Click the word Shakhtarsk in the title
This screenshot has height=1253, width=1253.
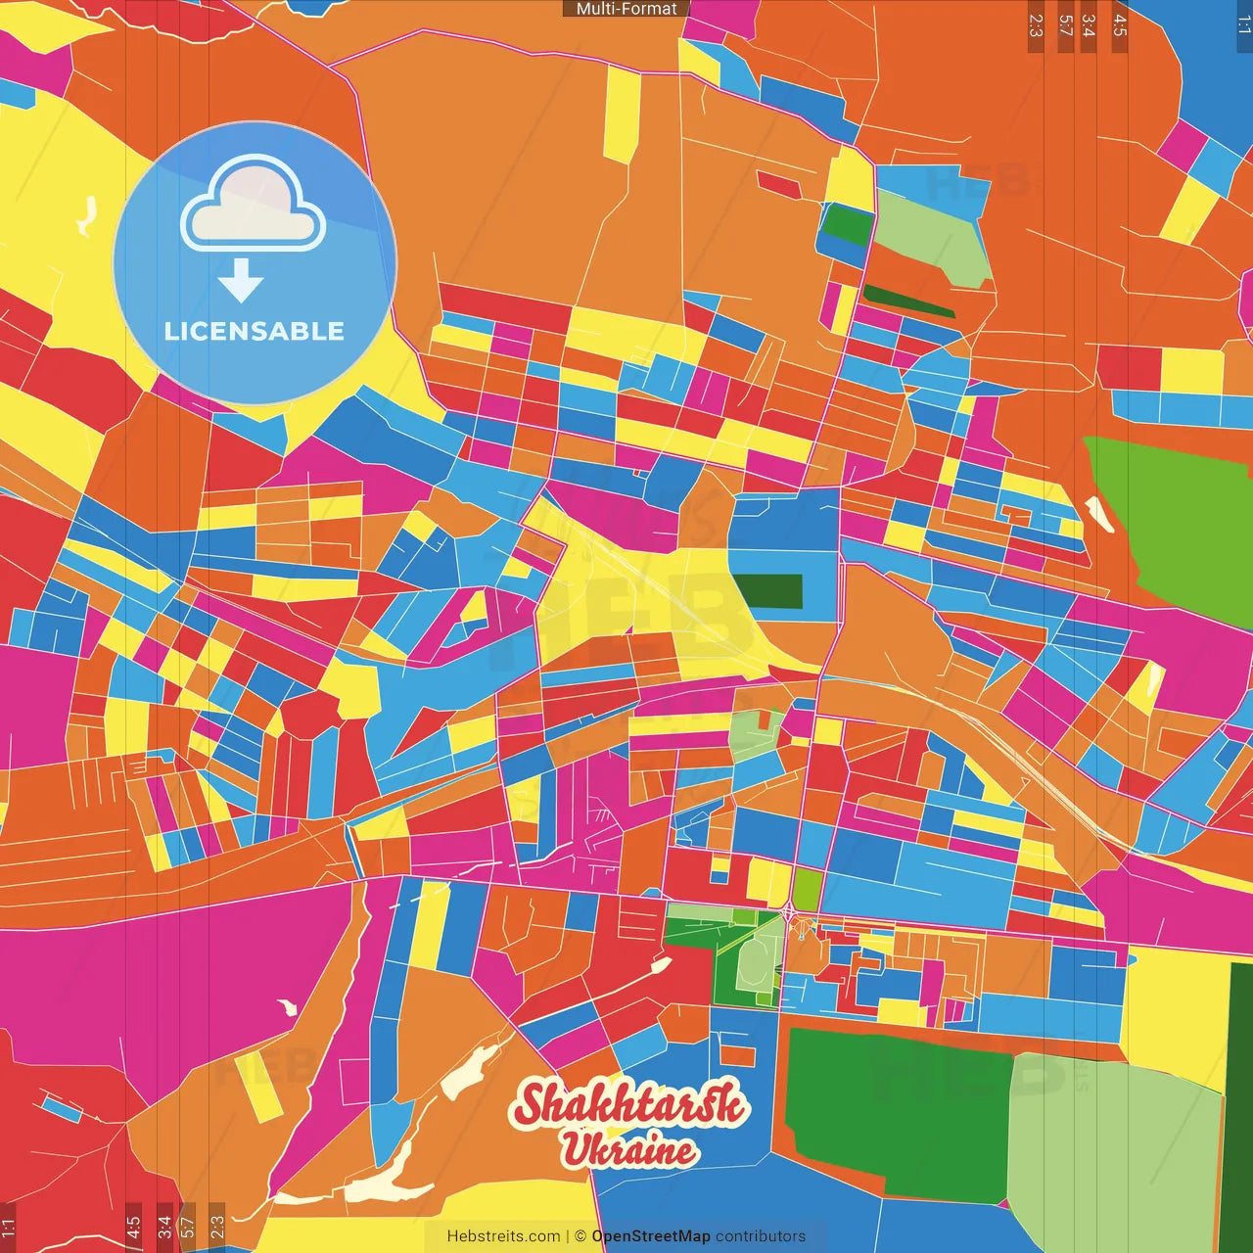628,1103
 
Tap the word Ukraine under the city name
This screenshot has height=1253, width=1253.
628,1149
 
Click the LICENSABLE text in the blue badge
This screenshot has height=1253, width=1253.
255,331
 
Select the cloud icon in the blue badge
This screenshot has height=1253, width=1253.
254,203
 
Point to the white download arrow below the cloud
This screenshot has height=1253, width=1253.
241,280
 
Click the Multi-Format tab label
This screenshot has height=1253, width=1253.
626,9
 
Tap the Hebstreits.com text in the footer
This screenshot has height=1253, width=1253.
503,1236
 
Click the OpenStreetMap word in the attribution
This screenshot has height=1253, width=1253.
650,1236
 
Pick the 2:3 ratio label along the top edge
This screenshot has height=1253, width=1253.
1036,25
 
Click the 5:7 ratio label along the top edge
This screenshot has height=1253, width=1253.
1065,25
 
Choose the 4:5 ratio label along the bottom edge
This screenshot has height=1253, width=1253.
133,1227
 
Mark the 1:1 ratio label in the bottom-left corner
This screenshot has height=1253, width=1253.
8,1227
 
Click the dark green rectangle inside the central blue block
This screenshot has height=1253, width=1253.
768,591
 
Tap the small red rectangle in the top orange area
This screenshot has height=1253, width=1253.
779,184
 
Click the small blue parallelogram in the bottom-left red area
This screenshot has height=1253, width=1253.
62,1108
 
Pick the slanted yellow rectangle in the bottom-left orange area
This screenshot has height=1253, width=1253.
258,1085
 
